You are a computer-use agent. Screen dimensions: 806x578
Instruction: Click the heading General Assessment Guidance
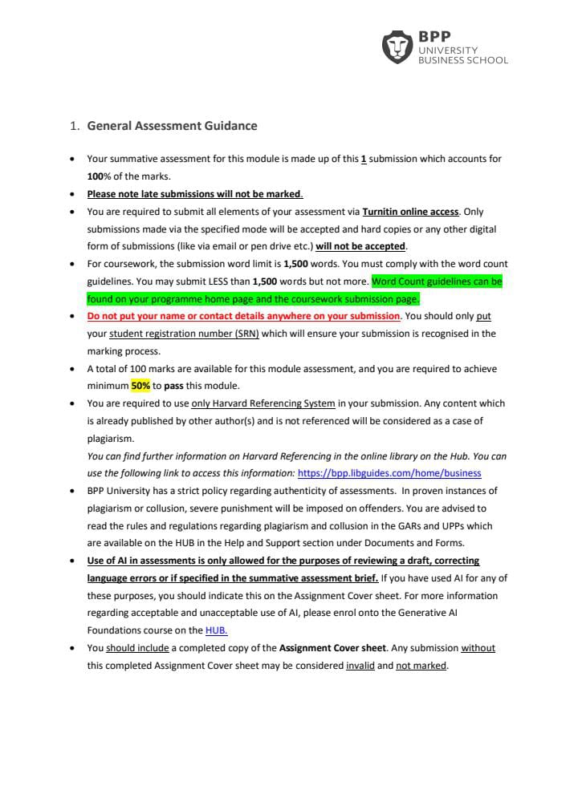(x=172, y=126)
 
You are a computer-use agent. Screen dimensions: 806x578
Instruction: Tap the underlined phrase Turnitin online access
(x=410, y=212)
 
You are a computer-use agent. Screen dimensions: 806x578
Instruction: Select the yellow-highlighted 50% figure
(x=140, y=386)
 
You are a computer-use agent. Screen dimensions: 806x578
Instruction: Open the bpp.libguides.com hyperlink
(x=389, y=473)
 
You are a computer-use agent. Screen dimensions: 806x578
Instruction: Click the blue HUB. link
(x=217, y=631)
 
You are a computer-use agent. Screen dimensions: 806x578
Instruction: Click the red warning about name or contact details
(x=243, y=316)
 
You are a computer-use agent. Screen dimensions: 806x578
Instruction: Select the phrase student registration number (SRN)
(x=184, y=334)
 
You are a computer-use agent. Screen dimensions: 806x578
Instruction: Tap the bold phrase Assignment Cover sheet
(x=332, y=648)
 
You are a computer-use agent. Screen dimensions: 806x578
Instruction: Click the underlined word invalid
(x=360, y=666)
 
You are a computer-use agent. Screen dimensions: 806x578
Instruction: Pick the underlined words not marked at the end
(x=421, y=666)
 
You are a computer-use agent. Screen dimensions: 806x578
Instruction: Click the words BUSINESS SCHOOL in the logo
(x=462, y=60)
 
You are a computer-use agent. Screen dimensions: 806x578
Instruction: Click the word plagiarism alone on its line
(x=111, y=439)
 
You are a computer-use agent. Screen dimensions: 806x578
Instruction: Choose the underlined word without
(x=478, y=648)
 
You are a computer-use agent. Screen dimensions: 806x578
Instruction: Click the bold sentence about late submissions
(x=194, y=194)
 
